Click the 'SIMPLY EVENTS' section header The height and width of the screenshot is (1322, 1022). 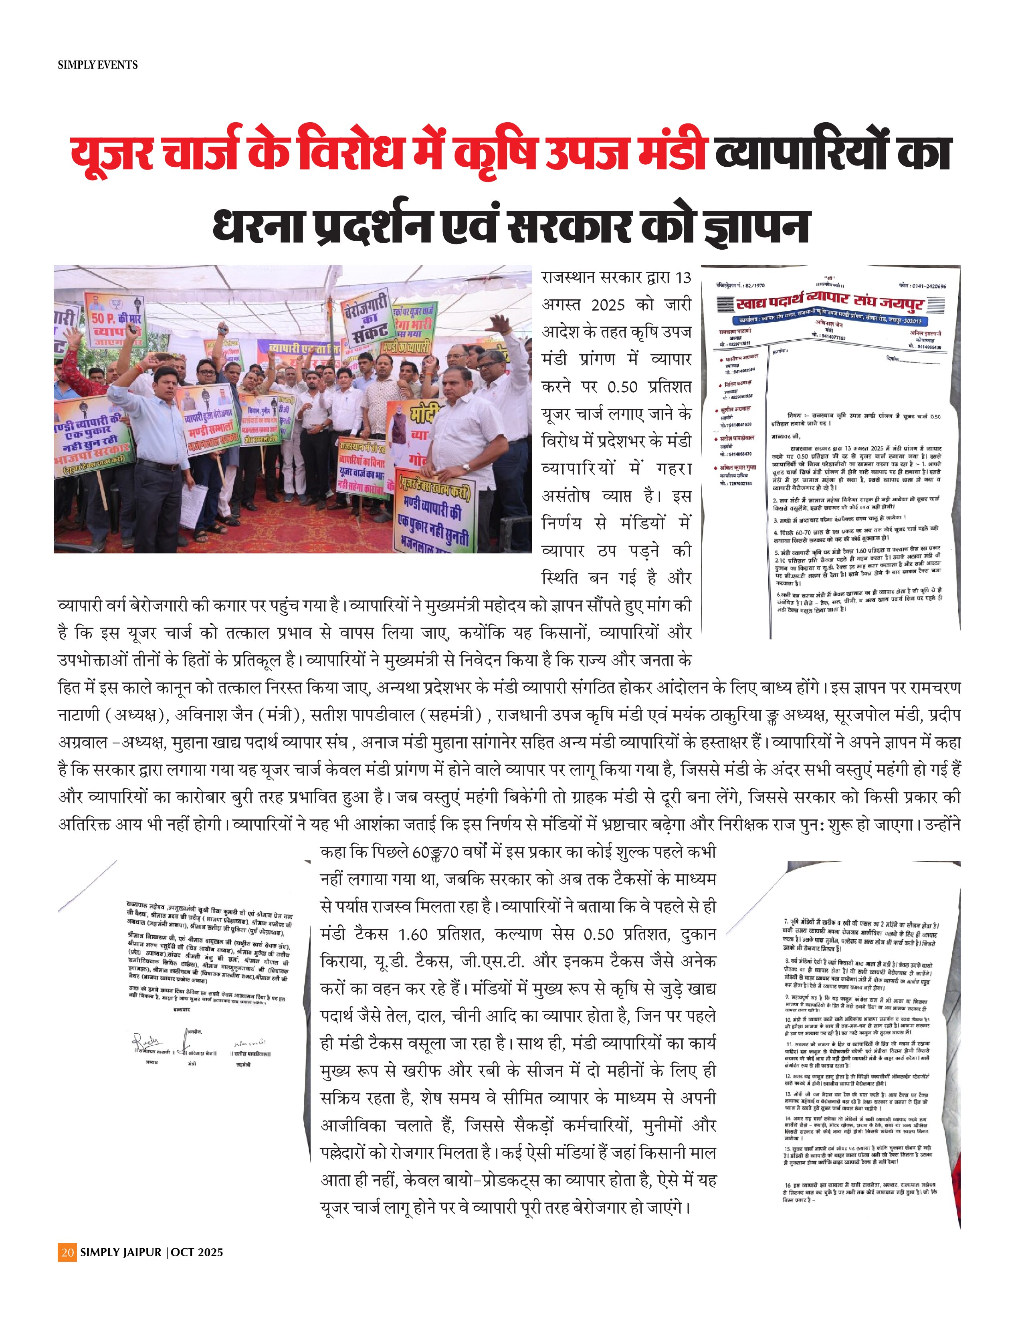(97, 65)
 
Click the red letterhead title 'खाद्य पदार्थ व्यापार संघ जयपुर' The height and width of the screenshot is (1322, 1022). (830, 304)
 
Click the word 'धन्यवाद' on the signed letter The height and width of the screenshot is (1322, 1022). (178, 1011)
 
